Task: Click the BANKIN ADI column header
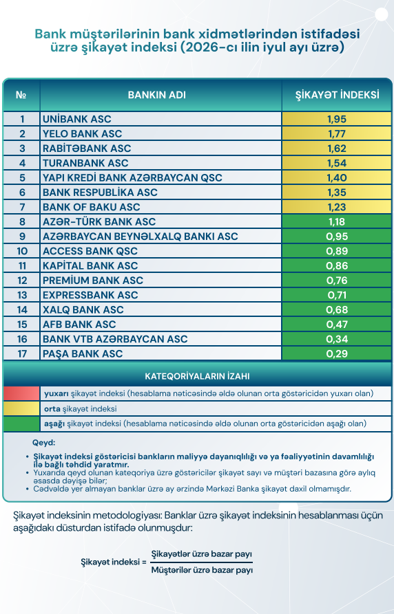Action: (157, 95)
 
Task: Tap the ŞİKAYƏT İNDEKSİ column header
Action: (337, 95)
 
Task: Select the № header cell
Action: (21, 95)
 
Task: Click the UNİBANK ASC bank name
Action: (77, 119)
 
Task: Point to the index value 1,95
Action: (337, 119)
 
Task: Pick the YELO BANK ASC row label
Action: (83, 134)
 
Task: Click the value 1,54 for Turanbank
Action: (337, 163)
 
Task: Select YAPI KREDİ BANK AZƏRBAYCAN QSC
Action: (132, 178)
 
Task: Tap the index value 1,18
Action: (337, 221)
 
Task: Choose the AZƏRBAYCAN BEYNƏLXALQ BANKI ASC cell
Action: (140, 237)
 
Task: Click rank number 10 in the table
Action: (22, 251)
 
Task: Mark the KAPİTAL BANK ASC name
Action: (90, 266)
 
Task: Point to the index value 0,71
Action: (337, 295)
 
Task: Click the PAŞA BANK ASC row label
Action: (83, 354)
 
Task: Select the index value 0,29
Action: (337, 354)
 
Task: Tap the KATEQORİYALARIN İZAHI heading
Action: (197, 377)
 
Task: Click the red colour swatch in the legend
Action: (21, 393)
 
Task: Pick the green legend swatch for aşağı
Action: (21, 424)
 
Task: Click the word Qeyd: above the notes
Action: (44, 443)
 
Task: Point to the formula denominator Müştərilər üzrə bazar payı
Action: (202, 570)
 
